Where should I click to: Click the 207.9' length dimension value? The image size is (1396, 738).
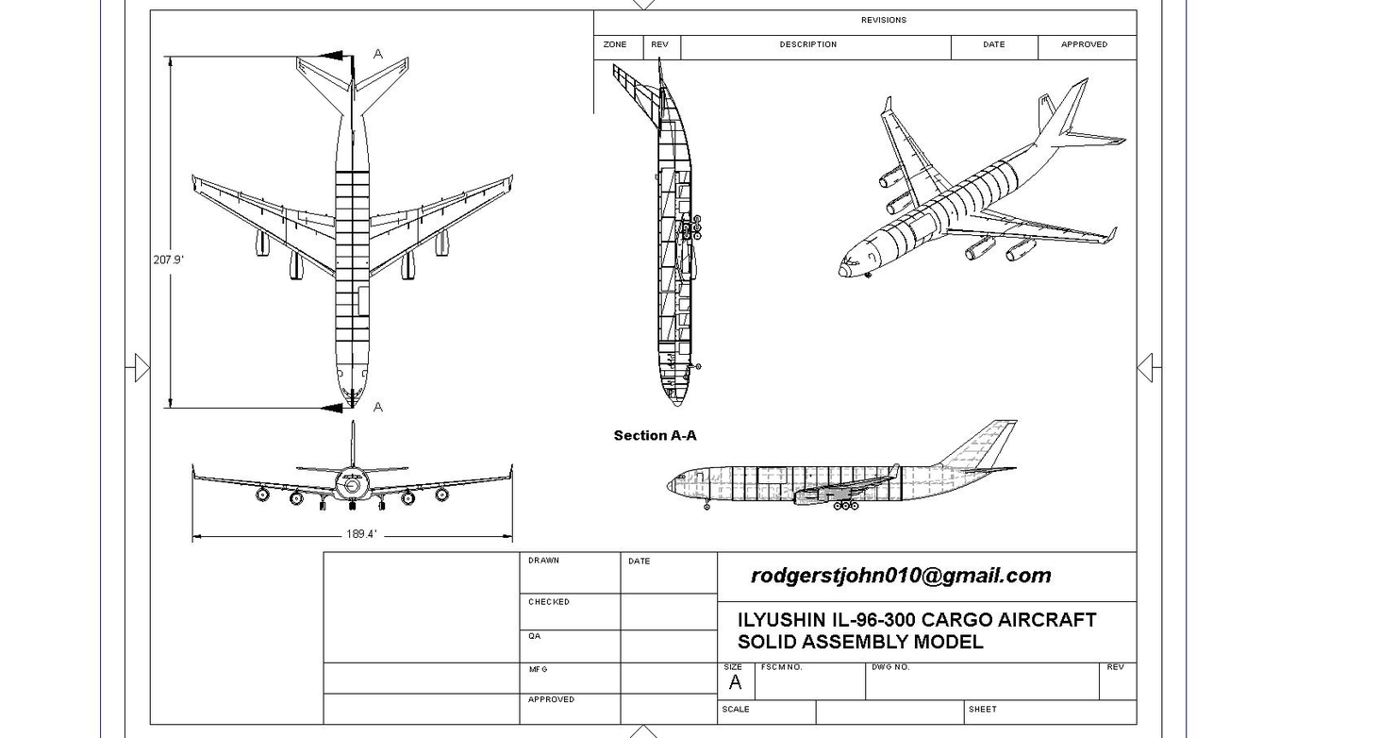(168, 260)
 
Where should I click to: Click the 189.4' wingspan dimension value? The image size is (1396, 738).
(361, 534)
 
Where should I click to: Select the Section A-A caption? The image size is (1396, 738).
(655, 435)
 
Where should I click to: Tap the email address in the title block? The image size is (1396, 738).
(900, 576)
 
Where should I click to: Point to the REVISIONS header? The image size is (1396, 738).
(883, 20)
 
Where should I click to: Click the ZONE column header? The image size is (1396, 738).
(615, 44)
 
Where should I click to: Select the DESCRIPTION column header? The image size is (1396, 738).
(807, 44)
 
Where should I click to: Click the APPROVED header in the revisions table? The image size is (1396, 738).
(1084, 44)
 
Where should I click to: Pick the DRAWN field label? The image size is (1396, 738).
(543, 561)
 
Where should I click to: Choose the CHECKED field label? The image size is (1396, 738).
(548, 602)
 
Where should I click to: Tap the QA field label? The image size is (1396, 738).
(534, 636)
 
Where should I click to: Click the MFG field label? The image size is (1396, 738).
(538, 669)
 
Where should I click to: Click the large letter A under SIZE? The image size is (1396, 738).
(735, 682)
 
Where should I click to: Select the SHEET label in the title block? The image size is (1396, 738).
(982, 709)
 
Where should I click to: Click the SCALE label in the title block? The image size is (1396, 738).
(736, 709)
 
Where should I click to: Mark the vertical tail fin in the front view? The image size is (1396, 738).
(353, 444)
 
